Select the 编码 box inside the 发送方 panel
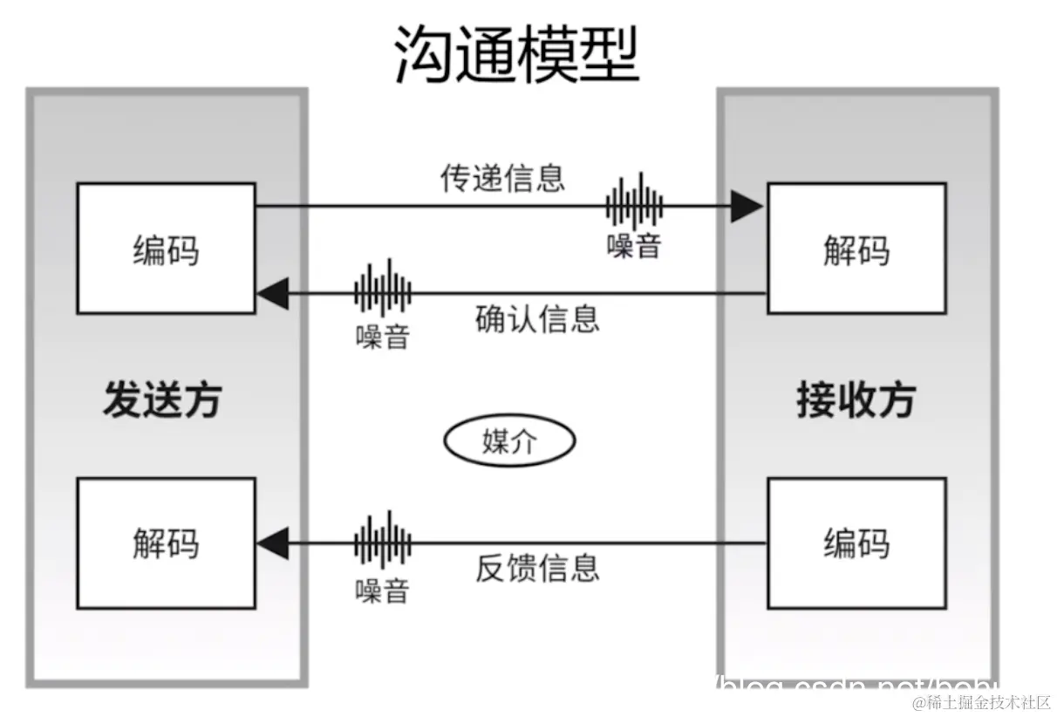pyautogui.click(x=166, y=249)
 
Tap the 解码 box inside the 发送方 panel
pyautogui.click(x=166, y=543)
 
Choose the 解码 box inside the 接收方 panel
pyautogui.click(x=856, y=249)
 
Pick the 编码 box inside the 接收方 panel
pyautogui.click(x=856, y=543)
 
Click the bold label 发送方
pyautogui.click(x=162, y=400)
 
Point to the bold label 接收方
pyautogui.click(x=856, y=400)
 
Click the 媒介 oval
pyautogui.click(x=509, y=442)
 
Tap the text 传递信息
pyautogui.click(x=502, y=177)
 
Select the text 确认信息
pyautogui.click(x=537, y=319)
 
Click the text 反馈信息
pyautogui.click(x=537, y=568)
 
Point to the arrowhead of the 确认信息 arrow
pyautogui.click(x=272, y=294)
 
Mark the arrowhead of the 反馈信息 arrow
pyautogui.click(x=272, y=543)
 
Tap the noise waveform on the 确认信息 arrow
pyautogui.click(x=382, y=289)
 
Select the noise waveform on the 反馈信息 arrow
pyautogui.click(x=382, y=541)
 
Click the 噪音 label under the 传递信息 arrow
pyautogui.click(x=634, y=246)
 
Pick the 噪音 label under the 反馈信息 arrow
pyautogui.click(x=382, y=591)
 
